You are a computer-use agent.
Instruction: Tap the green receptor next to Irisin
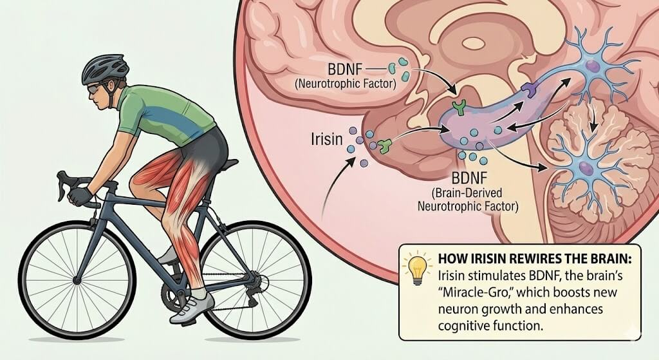[384, 146]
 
